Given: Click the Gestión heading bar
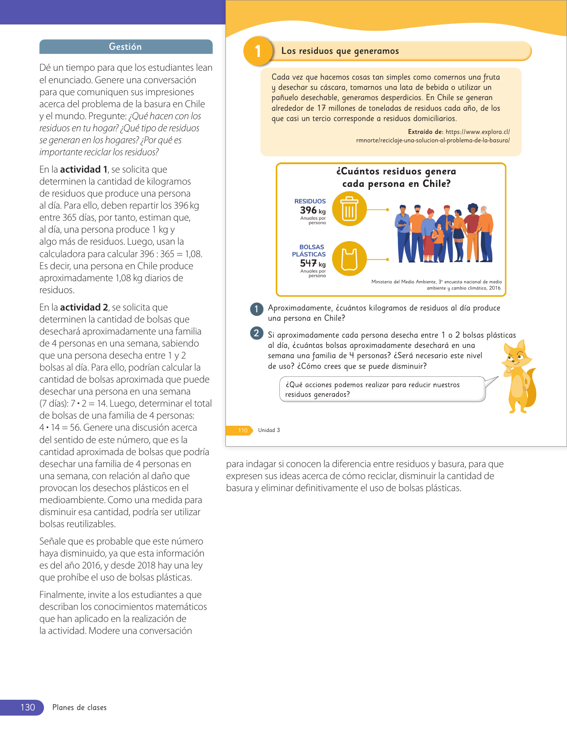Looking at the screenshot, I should (x=126, y=47).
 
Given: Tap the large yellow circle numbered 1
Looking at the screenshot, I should (x=258, y=51).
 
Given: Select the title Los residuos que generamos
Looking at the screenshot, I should (x=340, y=51).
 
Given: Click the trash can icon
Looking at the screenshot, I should (x=350, y=209).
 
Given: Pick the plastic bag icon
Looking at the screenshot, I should (x=350, y=259).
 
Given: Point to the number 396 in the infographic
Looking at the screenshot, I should (x=308, y=210).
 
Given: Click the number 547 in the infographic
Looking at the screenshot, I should (x=308, y=263).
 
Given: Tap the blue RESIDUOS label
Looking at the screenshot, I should (x=310, y=202).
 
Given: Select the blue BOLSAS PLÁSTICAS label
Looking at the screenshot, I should (x=309, y=250).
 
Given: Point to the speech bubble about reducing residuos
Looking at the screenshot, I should (x=382, y=389).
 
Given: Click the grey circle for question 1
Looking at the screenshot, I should (x=257, y=309).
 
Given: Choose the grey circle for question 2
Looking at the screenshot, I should (x=257, y=333).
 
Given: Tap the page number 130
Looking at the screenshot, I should (x=28, y=707).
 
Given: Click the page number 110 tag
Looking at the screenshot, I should (x=242, y=430).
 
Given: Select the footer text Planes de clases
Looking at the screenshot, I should (x=80, y=707).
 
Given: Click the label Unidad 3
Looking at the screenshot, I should (x=269, y=430).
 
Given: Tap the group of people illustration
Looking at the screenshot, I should (x=444, y=234).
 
